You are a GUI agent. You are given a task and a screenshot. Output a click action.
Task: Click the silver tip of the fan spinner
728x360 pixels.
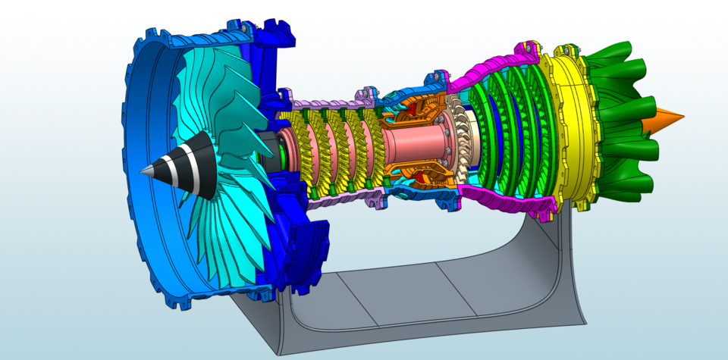144,171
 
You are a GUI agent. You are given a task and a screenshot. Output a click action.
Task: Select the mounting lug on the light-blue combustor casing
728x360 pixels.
438,77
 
